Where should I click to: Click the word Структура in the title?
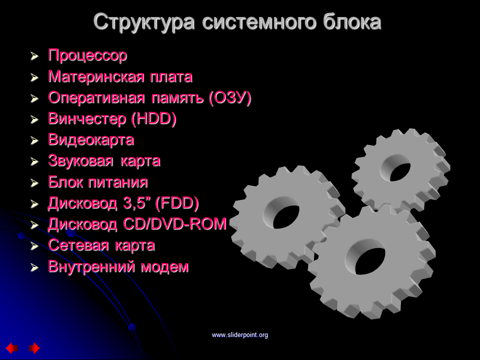[144, 22]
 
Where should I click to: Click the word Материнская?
[96, 76]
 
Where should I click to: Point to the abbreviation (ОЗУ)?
[230, 98]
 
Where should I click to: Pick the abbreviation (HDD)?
[153, 119]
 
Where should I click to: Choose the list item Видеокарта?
[91, 140]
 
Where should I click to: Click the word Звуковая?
[80, 161]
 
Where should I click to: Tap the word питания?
[118, 182]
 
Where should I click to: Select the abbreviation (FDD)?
[177, 203]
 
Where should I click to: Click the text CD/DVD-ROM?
[174, 224]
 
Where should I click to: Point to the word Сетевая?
[78, 245]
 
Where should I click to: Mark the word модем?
[164, 267]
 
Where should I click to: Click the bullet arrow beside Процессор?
[34, 56]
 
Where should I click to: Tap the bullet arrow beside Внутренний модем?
[34, 267]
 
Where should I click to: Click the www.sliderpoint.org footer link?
[240, 335]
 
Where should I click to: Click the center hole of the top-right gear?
[395, 168]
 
